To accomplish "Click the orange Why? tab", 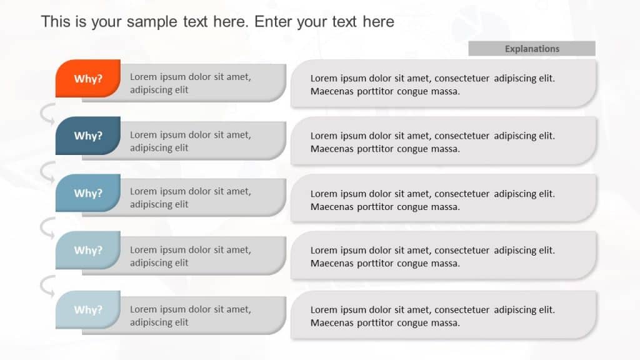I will coord(88,79).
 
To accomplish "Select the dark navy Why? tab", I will coord(88,136).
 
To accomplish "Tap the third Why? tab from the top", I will coord(88,193).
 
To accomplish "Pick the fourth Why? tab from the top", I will coord(88,250).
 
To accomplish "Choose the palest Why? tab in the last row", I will coord(88,309).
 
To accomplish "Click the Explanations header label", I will coord(532,49).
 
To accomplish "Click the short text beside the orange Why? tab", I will coord(190,83).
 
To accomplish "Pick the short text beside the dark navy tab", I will coord(190,141).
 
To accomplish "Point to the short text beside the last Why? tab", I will coord(190,316).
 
